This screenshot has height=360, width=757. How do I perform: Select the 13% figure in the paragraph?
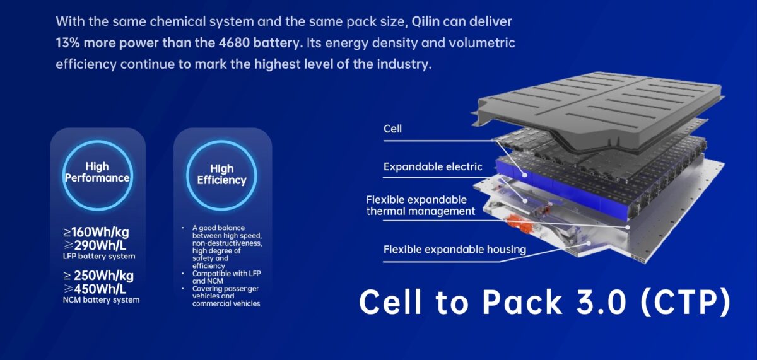[67, 43]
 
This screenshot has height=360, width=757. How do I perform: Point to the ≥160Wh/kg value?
[96, 232]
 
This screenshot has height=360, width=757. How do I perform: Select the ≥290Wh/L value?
[95, 245]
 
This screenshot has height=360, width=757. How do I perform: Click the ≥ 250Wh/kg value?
[98, 276]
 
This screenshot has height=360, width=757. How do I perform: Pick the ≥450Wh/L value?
[95, 289]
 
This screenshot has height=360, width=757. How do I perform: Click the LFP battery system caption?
[99, 257]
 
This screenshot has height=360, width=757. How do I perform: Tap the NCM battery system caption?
[101, 300]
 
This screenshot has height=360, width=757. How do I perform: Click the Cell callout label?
[392, 129]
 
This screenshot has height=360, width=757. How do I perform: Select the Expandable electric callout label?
[433, 167]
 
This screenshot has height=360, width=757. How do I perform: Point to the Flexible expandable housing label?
[455, 250]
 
